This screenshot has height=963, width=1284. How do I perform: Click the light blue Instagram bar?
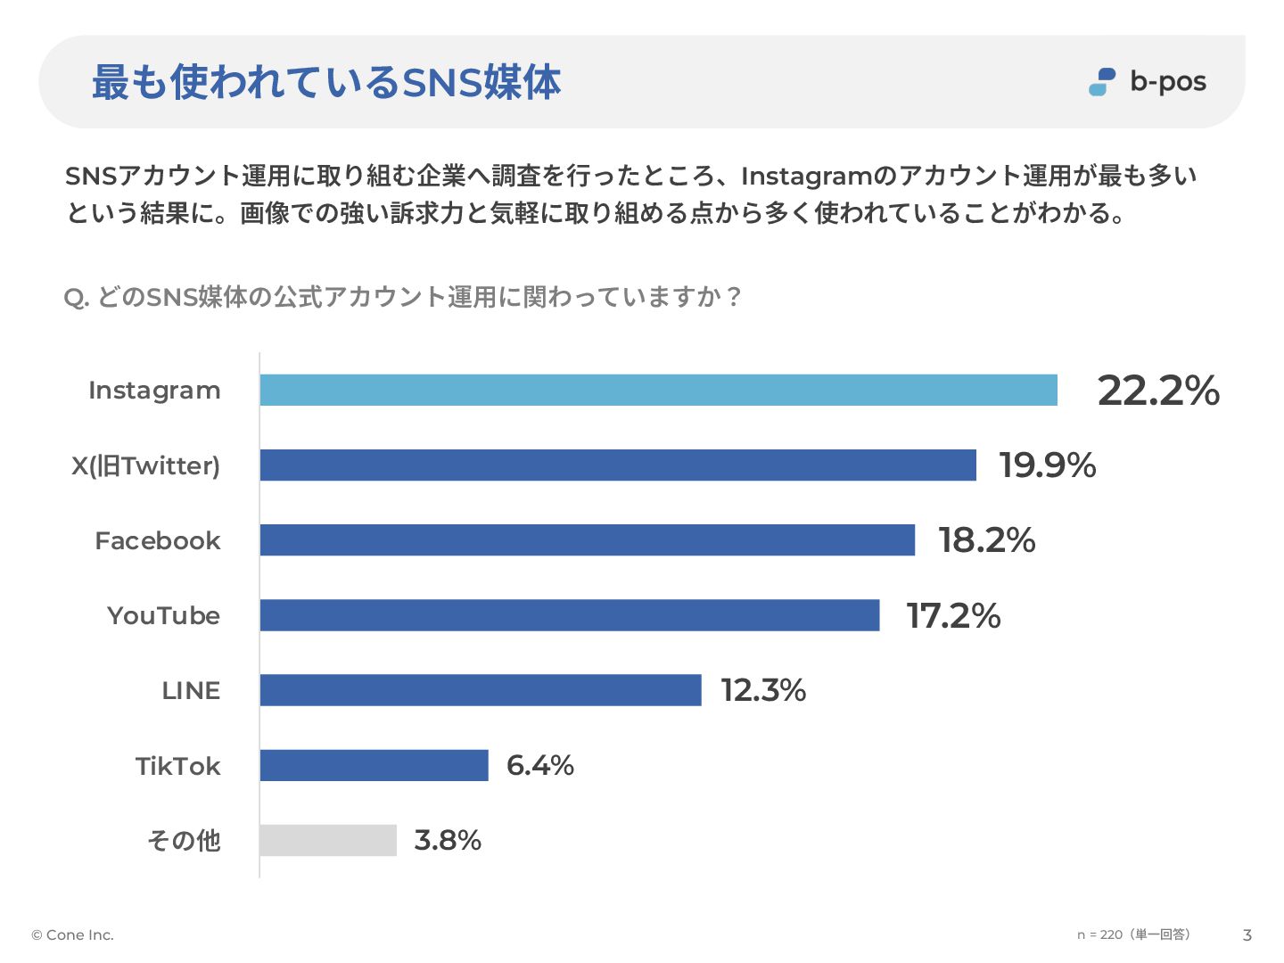pyautogui.click(x=658, y=391)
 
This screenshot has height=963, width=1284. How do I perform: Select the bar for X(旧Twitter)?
pyautogui.click(x=618, y=465)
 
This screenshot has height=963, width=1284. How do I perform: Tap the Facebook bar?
pyautogui.click(x=587, y=540)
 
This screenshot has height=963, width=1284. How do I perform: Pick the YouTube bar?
pyautogui.click(x=569, y=615)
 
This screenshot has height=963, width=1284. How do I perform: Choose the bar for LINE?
pyautogui.click(x=480, y=690)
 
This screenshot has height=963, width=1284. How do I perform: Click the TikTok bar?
pyautogui.click(x=374, y=765)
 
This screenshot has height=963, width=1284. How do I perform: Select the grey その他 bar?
pyautogui.click(x=327, y=840)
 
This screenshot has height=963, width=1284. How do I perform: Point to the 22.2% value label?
pyautogui.click(x=1157, y=391)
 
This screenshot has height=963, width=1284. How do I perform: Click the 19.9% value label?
pyautogui.click(x=1047, y=465)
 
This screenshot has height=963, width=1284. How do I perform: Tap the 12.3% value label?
pyautogui.click(x=763, y=690)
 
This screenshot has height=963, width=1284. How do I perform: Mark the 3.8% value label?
pyautogui.click(x=448, y=840)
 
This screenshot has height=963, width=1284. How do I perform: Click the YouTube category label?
pyautogui.click(x=163, y=615)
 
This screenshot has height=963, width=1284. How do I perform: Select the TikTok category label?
pyautogui.click(x=177, y=766)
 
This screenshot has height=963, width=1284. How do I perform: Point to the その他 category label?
pyautogui.click(x=184, y=840)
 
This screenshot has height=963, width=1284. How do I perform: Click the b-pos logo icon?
pyautogui.click(x=1102, y=82)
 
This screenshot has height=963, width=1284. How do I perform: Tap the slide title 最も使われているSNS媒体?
pyautogui.click(x=326, y=82)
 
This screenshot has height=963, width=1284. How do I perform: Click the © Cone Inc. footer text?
pyautogui.click(x=72, y=934)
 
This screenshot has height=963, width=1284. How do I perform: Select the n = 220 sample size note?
pyautogui.click(x=1132, y=934)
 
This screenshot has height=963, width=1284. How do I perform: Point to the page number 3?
pyautogui.click(x=1247, y=934)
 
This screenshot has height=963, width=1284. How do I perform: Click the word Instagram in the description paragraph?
pyautogui.click(x=805, y=176)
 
